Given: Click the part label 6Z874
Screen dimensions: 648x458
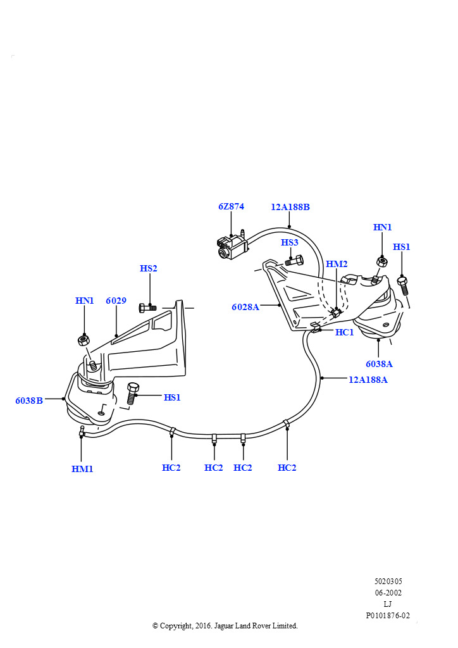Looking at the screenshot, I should coord(231,206).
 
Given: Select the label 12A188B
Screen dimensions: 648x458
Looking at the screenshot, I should coord(290,207).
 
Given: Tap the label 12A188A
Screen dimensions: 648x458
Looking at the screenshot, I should coord(368,380).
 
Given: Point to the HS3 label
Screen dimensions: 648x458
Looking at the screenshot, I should coord(290,242).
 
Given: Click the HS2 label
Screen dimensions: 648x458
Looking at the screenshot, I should coord(149,268).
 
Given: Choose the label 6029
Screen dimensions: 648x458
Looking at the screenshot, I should coord(116,301).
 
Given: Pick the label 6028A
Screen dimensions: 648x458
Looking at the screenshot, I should coord(245,307).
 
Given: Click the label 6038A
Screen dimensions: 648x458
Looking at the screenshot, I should coord(379,364).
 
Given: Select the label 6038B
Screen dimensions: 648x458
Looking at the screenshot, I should coord(29,400).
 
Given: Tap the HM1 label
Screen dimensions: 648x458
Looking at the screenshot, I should coord(82,469).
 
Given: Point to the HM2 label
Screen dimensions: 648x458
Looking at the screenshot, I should coord(337,264).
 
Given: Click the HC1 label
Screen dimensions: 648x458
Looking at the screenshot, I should coord(344,332).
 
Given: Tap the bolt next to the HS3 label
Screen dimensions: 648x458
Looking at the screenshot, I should coord(294,259).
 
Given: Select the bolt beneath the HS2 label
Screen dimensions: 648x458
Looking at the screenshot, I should coord(147,308).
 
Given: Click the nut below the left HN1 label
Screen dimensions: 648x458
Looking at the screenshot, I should coord(83,340).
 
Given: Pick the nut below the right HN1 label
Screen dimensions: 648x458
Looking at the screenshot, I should coord(382,261).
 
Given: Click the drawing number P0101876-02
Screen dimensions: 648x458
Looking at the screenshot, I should coord(388,615).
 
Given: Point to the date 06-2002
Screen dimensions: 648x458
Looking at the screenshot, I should coord(388,593).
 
